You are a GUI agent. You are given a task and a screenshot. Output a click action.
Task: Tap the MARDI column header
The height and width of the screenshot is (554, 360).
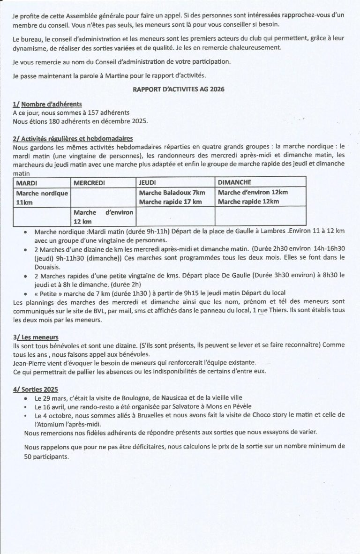tap(27, 181)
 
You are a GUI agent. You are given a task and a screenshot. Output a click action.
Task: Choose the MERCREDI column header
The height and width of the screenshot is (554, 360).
tap(89, 181)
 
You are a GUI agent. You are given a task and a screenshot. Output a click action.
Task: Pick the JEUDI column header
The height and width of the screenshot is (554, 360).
tap(147, 181)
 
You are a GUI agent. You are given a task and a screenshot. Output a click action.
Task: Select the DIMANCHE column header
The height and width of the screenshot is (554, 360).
tap(234, 181)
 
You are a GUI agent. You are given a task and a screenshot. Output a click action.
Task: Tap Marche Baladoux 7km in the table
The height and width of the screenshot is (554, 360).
tap(172, 193)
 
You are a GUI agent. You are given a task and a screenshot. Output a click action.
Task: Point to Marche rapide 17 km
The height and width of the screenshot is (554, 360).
tap(170, 202)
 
